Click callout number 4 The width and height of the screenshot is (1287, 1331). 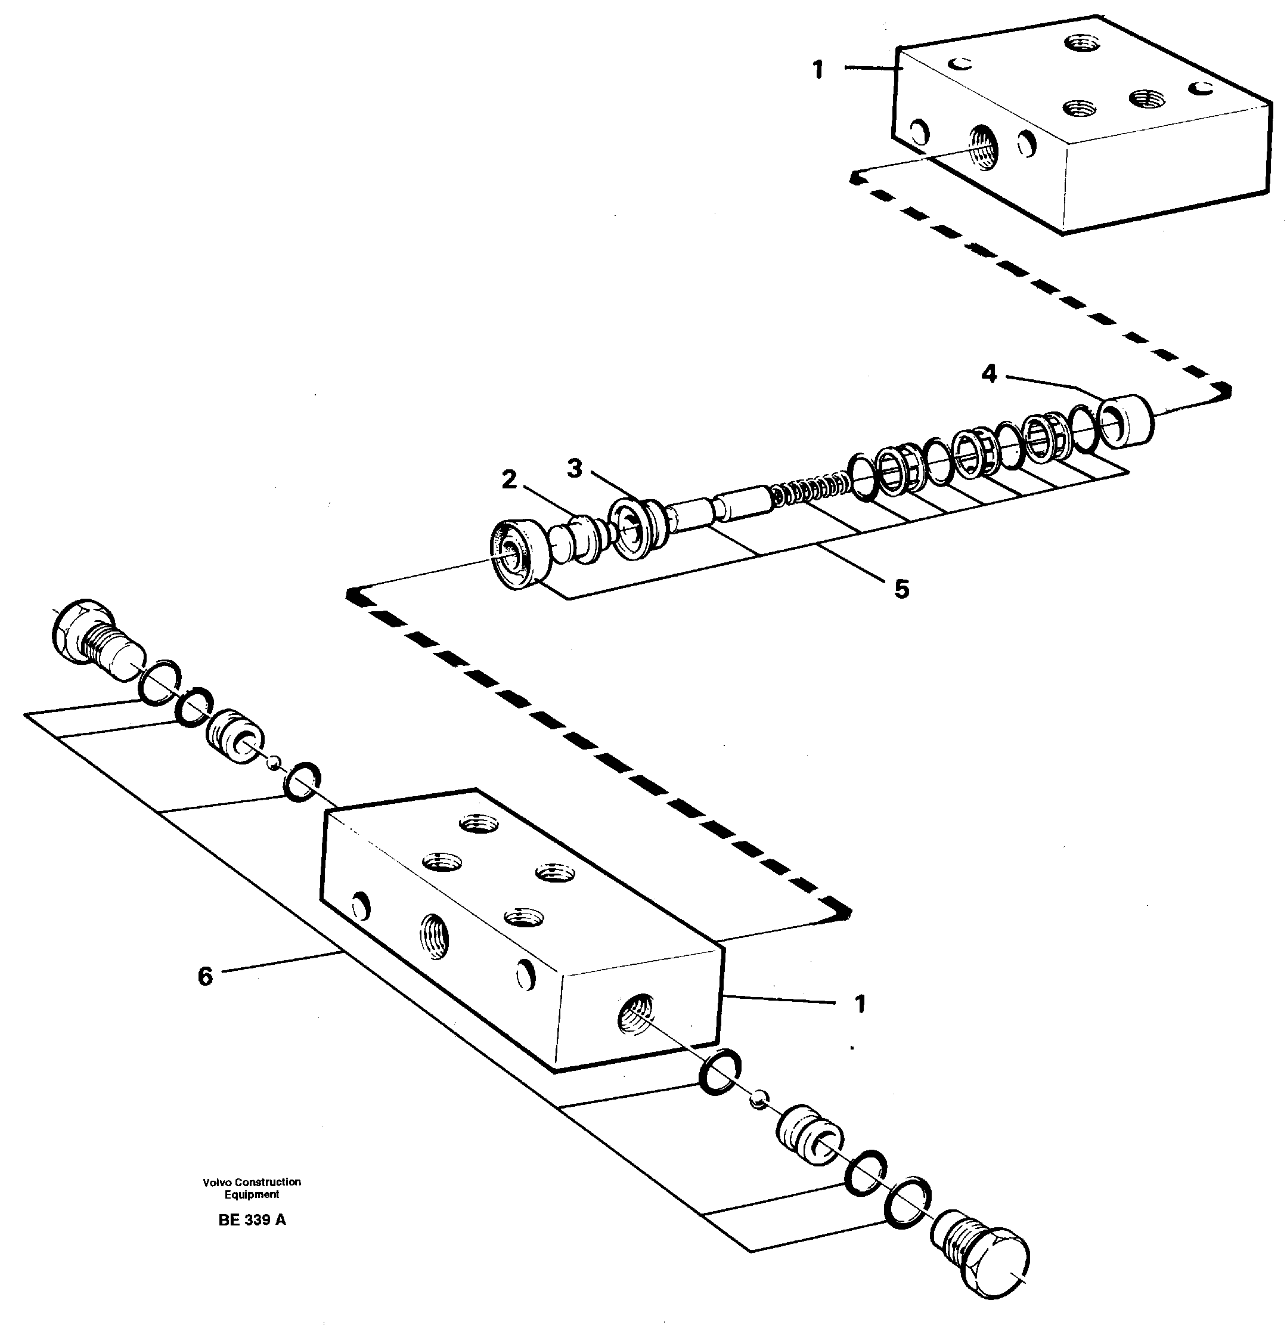989,373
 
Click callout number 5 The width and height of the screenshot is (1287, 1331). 901,589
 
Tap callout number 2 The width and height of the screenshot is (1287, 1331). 508,480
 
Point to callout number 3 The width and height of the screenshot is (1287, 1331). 574,468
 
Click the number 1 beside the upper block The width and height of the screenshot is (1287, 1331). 818,69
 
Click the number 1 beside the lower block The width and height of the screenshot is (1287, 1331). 860,1004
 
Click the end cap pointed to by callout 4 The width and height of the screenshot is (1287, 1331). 1125,422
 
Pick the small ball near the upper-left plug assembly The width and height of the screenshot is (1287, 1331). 273,762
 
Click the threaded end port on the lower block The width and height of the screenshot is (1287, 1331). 635,1015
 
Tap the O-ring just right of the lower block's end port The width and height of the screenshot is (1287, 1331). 719,1071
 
